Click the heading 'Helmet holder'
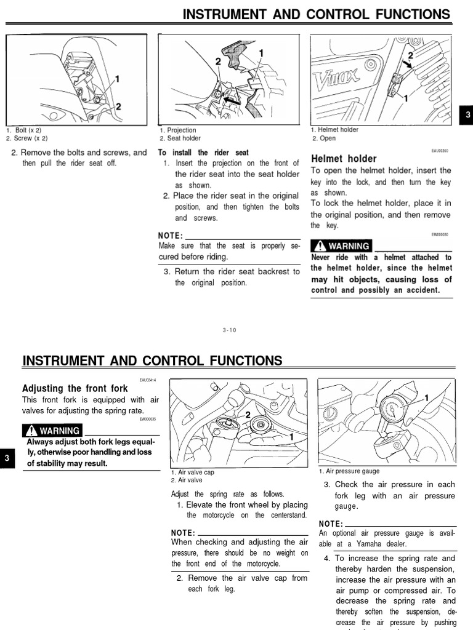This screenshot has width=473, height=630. coord(344,159)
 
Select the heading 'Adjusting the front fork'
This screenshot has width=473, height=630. coord(75,388)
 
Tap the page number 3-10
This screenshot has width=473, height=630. coord(229,330)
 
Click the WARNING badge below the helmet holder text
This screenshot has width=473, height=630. coord(341,246)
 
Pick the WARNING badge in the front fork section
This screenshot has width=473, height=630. coord(52,431)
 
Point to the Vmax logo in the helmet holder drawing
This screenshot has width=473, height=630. coord(336,80)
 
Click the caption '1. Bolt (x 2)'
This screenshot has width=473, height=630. coord(24,130)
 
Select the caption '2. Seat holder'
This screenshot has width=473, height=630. coord(180,138)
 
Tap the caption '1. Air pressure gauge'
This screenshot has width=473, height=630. coord(349,471)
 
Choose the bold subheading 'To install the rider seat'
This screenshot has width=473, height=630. coord(203,153)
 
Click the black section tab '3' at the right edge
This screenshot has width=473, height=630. coord(467,115)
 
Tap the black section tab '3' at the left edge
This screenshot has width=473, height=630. coord(6,458)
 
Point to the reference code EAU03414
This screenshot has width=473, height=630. coord(148,380)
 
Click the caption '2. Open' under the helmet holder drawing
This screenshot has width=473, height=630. coord(323,138)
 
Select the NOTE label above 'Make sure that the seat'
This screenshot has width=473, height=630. coord(171,236)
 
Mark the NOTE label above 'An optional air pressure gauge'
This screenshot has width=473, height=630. coord(330,524)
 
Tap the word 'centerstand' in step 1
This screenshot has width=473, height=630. coord(289,516)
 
